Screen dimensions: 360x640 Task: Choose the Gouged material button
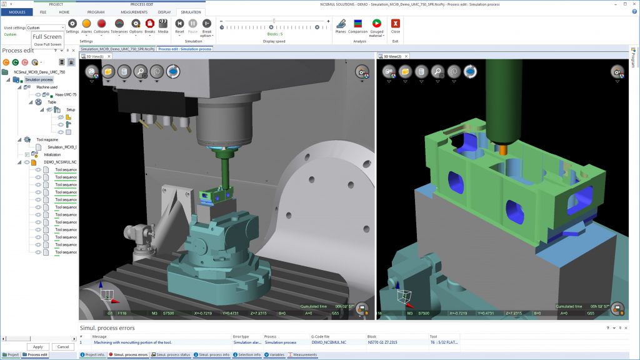tap(376, 26)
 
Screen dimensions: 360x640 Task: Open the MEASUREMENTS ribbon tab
tap(134, 12)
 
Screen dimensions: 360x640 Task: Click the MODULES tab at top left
tap(16, 12)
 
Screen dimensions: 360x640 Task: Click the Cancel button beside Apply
tap(62, 346)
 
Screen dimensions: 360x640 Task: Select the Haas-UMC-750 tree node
tap(65, 94)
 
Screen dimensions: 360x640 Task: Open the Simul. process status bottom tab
tap(172, 354)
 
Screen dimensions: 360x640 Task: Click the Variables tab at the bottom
tap(275, 354)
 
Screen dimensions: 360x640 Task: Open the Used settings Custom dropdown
tap(46, 27)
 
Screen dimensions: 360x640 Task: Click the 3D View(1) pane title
tap(94, 56)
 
